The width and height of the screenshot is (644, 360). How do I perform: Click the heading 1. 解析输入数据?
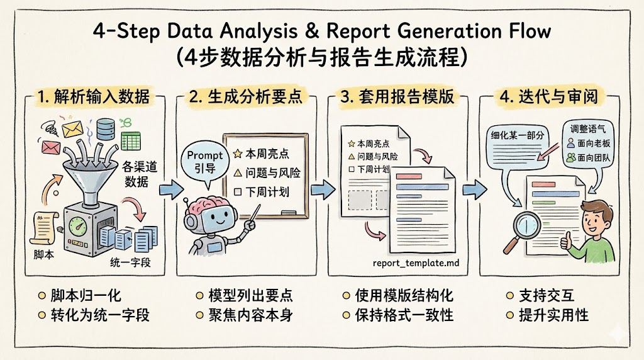click(95, 97)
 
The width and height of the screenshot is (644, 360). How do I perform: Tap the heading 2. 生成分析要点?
click(246, 97)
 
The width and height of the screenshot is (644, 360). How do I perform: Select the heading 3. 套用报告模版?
click(397, 97)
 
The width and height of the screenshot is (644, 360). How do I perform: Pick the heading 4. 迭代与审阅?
click(549, 97)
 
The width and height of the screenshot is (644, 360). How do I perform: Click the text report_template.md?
click(412, 263)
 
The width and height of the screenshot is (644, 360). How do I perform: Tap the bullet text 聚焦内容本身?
click(250, 315)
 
